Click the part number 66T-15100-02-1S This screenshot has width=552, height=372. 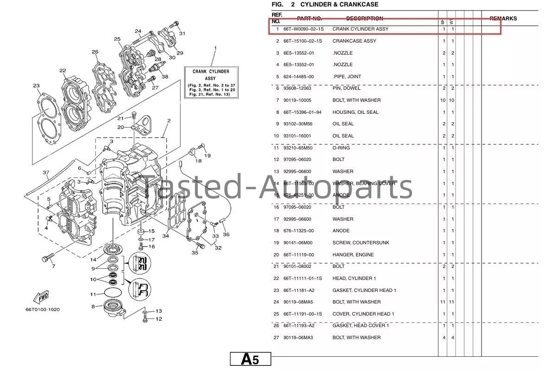pos(303,41)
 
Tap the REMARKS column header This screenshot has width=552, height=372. pos(503,19)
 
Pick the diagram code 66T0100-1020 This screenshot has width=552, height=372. pos(43,310)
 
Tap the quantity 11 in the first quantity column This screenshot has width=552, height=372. pos(444,302)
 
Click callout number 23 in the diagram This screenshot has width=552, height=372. pos(36,86)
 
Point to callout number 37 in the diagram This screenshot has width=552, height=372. pos(45,173)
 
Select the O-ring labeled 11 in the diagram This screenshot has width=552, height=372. pos(113,293)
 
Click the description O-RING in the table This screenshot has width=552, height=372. pos(341,148)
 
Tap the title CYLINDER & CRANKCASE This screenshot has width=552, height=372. pos(339,5)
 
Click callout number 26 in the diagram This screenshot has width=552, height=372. pos(95,52)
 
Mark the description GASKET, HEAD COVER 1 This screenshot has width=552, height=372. pos(361,326)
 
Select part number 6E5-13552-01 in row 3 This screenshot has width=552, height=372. pos(298,53)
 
